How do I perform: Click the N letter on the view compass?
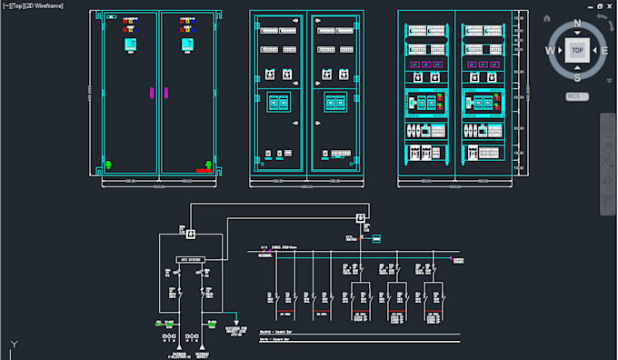(x=577, y=24)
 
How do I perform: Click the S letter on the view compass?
(x=577, y=78)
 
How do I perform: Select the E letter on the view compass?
(x=604, y=51)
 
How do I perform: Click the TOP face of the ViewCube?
(x=577, y=51)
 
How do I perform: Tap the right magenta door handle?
(x=165, y=91)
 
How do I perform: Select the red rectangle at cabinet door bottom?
(x=204, y=168)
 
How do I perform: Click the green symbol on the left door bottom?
(x=109, y=165)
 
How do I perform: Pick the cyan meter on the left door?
(x=130, y=44)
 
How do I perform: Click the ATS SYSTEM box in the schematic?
(x=190, y=260)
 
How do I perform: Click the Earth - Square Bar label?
(x=273, y=339)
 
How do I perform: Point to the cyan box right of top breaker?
(x=377, y=238)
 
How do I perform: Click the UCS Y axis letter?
(x=12, y=343)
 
